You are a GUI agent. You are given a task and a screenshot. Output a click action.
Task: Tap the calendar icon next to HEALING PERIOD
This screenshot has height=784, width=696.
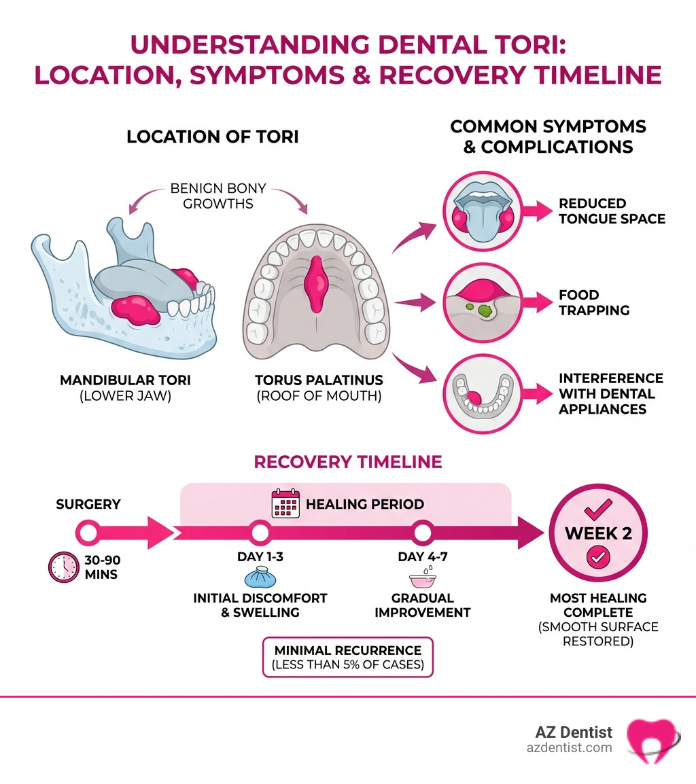click(284, 503)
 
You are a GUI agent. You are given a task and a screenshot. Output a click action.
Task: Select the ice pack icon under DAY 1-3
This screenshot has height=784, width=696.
click(260, 579)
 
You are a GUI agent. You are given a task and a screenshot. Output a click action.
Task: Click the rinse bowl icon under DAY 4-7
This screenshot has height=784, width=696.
click(422, 580)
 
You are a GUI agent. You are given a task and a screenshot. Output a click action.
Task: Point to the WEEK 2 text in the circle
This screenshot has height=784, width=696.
click(598, 533)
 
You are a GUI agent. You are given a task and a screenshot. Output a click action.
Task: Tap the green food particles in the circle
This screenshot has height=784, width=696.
click(485, 309)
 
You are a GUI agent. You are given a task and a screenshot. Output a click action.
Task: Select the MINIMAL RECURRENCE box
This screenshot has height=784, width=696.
click(347, 657)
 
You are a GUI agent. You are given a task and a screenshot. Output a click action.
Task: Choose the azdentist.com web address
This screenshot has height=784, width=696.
click(570, 747)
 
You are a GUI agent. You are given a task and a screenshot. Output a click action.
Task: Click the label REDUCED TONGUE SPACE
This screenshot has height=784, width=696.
click(611, 211)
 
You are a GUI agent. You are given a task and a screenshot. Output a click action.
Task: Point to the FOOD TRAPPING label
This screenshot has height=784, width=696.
click(593, 302)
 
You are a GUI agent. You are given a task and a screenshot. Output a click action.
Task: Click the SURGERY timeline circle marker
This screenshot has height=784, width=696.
click(87, 532)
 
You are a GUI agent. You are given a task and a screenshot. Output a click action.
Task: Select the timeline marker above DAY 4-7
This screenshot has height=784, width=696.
click(423, 532)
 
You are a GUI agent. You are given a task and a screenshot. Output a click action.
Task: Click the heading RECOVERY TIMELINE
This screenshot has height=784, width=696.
click(347, 462)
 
